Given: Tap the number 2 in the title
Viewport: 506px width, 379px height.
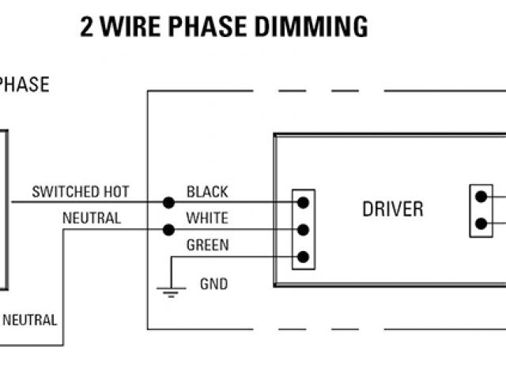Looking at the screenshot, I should pyautogui.click(x=88, y=27).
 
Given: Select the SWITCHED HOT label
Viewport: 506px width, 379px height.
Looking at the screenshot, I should pyautogui.click(x=80, y=192).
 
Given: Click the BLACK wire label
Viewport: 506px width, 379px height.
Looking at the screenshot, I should pyautogui.click(x=207, y=192).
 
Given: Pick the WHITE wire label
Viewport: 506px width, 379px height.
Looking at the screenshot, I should pyautogui.click(x=207, y=218).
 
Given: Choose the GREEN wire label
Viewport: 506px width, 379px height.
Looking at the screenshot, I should pyautogui.click(x=207, y=245).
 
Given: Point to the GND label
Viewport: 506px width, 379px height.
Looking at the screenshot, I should pyautogui.click(x=213, y=283).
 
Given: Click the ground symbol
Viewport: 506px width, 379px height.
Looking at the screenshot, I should pyautogui.click(x=169, y=292).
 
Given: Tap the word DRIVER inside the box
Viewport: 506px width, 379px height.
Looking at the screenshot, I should pyautogui.click(x=393, y=209).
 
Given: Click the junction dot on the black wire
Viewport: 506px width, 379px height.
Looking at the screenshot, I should pyautogui.click(x=168, y=203).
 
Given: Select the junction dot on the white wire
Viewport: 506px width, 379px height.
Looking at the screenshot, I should pyautogui.click(x=168, y=230).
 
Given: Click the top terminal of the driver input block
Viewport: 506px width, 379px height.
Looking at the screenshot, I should pyautogui.click(x=303, y=203).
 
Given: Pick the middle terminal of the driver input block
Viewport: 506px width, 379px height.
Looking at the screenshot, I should pyautogui.click(x=303, y=230).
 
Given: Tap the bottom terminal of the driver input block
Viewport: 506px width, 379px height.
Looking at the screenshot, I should pyautogui.click(x=303, y=257).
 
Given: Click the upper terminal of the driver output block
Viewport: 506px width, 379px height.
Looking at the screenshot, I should pyautogui.click(x=481, y=197).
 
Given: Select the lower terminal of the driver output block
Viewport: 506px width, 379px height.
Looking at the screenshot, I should pyautogui.click(x=481, y=223).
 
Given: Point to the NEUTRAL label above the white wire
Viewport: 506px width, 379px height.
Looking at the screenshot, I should pyautogui.click(x=92, y=218).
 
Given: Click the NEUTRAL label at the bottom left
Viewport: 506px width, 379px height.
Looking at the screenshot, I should pyautogui.click(x=29, y=321).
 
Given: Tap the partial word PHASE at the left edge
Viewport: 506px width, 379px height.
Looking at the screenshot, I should pyautogui.click(x=24, y=84).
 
